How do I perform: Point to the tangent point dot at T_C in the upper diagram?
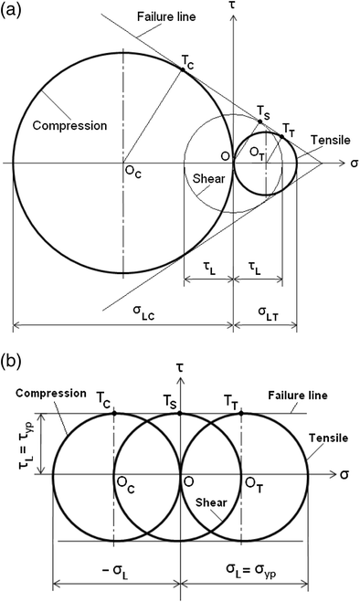[x=184, y=69]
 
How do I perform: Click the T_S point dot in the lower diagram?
[x=181, y=413]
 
